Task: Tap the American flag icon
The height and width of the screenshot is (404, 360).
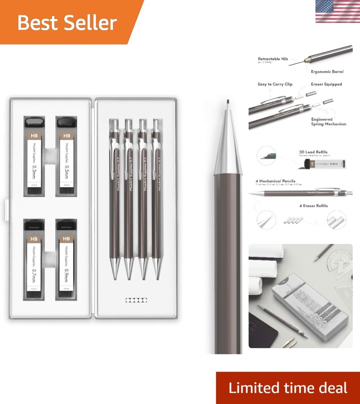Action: [337, 11]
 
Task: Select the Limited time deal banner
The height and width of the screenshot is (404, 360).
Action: [288, 388]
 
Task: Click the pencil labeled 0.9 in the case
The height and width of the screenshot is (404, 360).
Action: [116, 194]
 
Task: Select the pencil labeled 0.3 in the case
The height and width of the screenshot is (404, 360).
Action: [158, 194]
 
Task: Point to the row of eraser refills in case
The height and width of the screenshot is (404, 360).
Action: [136, 300]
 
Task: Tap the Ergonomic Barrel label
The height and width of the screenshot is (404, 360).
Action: [327, 72]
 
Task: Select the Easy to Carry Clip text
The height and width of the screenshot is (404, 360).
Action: [275, 84]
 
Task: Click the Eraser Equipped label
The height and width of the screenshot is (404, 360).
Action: [326, 84]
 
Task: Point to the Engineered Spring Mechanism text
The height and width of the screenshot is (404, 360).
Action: [328, 122]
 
